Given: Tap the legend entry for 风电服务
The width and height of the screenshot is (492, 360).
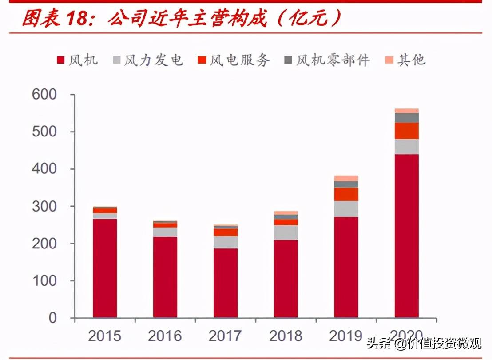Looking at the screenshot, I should coord(234,60).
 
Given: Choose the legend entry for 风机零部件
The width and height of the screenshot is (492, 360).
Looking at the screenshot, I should coord(326,60).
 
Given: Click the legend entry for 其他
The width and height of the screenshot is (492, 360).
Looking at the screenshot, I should coord(404,60).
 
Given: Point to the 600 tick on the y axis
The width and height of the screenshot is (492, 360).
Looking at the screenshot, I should coord(44,95).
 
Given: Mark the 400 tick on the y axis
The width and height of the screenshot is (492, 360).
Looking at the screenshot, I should coord(44,169).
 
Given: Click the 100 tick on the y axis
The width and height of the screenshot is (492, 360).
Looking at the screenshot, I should coord(44,281).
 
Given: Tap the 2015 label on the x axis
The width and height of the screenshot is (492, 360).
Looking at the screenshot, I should coord(105,336).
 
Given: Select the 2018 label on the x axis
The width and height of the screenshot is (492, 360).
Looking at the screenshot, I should coord(286,336).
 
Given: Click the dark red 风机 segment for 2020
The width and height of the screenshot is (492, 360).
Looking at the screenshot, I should coord(406,236).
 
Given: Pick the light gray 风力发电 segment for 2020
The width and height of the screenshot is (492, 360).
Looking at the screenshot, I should coord(406,147).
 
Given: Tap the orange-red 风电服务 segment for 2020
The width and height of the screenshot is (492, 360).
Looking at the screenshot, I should coord(406,131).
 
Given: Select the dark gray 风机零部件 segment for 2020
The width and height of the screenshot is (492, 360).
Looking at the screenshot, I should coord(406,117).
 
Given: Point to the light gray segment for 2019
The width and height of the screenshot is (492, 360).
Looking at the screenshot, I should coord(346,209).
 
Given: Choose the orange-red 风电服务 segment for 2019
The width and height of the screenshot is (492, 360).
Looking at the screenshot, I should coord(346,194).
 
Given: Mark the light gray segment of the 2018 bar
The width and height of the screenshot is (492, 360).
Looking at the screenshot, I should coord(286,232).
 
